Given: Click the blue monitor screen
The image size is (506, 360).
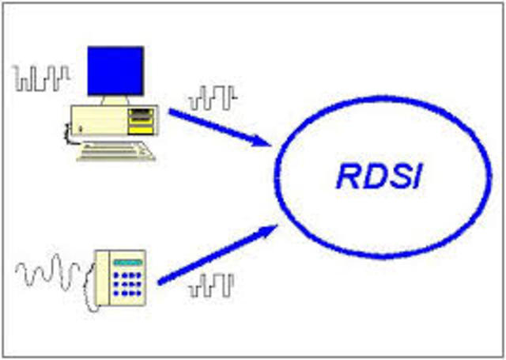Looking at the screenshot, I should click(x=115, y=71).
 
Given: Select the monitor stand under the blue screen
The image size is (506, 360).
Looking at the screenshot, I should click(x=115, y=101).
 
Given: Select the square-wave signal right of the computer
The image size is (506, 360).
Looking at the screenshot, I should click(x=213, y=99).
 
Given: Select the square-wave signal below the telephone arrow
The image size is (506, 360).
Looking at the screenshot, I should click(x=211, y=286).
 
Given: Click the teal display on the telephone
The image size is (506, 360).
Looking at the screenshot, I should click(x=127, y=262).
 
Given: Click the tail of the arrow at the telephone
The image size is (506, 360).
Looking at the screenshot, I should click(x=163, y=282).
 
